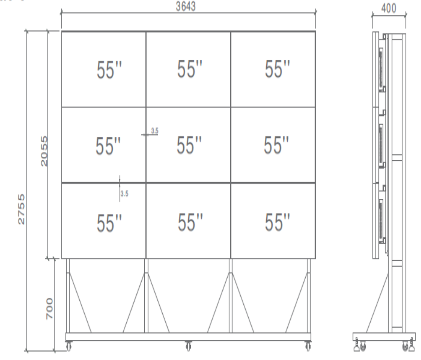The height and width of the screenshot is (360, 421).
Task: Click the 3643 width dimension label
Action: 186,7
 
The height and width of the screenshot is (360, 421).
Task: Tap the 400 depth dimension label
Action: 389,8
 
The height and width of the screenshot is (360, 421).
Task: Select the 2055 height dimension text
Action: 44,151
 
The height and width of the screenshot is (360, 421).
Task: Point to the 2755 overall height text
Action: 21,209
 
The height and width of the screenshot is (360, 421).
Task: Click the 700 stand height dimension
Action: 50,308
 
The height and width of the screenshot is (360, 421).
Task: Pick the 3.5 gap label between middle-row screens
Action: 155,131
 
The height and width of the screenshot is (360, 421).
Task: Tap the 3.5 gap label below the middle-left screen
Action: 124,194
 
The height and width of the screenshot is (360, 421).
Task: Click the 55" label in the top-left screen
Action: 109,70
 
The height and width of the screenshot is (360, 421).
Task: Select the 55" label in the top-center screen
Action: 189,69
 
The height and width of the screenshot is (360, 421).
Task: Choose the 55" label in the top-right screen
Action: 277,69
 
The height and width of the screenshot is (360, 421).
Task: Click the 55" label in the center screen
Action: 189,145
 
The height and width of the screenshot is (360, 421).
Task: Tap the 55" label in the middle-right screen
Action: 276,145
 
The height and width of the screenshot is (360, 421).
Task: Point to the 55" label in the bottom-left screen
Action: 109,223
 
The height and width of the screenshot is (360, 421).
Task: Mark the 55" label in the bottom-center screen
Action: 190,222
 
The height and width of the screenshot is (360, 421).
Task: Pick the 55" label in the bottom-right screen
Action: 277,222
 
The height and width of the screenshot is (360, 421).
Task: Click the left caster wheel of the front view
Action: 69,346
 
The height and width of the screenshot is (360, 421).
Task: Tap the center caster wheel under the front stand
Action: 189,346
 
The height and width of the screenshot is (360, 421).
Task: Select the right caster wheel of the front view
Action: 308,346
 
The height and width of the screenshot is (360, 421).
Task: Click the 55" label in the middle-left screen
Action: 108,146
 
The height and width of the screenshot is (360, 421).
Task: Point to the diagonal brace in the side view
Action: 377,303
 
